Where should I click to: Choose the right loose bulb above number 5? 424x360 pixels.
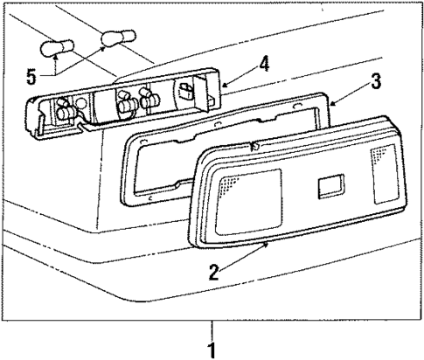click(x=113, y=38)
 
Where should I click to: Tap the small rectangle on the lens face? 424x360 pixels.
click(x=331, y=186)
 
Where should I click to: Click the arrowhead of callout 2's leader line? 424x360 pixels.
click(x=267, y=246)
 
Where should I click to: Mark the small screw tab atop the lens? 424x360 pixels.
click(x=254, y=145)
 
